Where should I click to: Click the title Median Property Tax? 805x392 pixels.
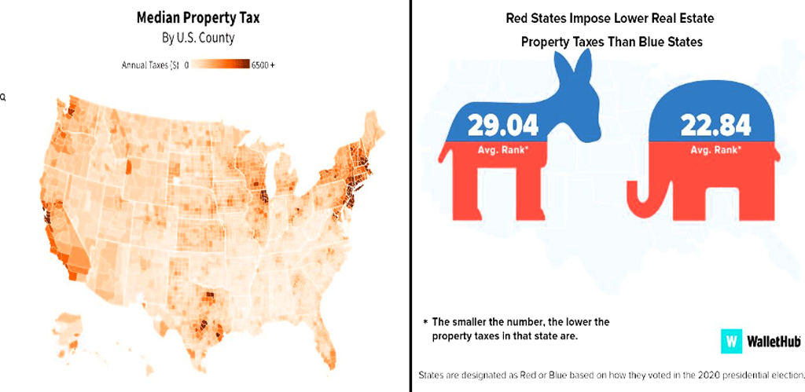coord(197,16)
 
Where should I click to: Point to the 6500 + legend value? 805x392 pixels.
coord(263,64)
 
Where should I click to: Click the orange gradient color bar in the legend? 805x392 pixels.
coord(221,64)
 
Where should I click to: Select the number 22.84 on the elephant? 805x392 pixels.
coord(715,125)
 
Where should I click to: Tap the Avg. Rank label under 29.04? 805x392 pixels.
coord(498,149)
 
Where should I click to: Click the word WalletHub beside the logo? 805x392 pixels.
coord(773,342)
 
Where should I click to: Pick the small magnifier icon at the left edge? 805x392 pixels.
coord(3,97)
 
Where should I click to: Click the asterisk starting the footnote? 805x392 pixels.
coord(425,322)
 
